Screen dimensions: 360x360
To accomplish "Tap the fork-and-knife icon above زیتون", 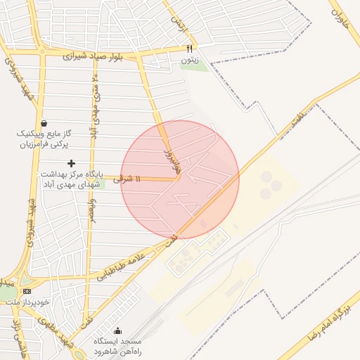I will tap(189, 49).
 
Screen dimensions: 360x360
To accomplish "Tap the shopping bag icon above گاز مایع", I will tap(45, 122).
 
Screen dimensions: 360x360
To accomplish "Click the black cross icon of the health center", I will tap(71, 163).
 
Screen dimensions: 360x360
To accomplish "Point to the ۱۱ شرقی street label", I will tap(127, 179).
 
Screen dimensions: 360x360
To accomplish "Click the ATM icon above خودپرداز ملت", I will tap(27, 291).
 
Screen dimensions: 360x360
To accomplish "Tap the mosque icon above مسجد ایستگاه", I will tap(117, 331).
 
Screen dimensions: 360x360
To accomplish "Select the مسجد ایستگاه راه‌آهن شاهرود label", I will tap(117, 346).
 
